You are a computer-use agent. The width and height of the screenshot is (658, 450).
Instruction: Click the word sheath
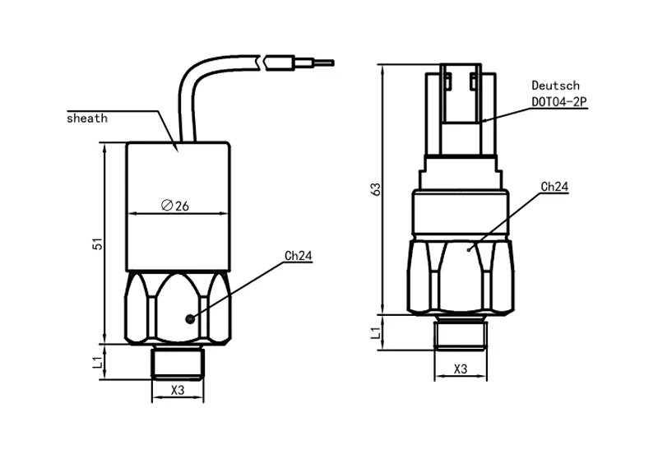click(87, 118)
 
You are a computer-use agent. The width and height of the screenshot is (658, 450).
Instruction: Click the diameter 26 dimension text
click(176, 206)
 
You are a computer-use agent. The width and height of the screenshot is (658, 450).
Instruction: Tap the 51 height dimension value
click(96, 244)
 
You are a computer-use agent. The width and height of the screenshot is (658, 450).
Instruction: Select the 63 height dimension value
click(376, 190)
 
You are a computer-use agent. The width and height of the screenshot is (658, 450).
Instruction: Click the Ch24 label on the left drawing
click(298, 256)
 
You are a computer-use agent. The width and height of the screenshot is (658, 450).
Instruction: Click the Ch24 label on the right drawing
click(554, 187)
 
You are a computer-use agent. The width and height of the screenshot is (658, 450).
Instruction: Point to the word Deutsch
click(555, 86)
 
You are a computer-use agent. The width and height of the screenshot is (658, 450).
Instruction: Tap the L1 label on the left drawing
click(96, 362)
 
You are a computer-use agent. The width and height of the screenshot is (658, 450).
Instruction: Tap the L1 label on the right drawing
click(376, 332)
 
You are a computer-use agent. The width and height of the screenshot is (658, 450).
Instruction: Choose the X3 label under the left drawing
click(177, 390)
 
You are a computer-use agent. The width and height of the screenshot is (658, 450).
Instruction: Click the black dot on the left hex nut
click(190, 319)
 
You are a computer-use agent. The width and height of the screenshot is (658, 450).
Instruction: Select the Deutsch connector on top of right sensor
click(461, 107)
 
